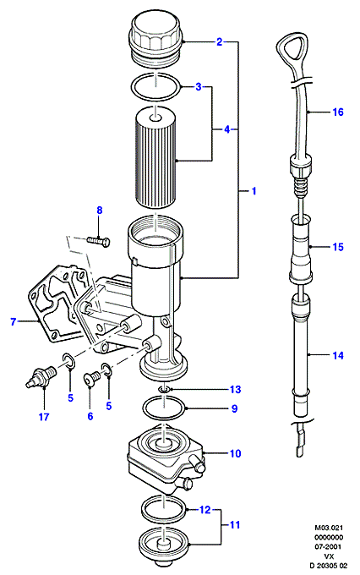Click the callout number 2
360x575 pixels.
[x=219, y=41]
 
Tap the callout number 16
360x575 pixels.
[x=338, y=112]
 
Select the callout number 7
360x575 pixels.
[x=14, y=322]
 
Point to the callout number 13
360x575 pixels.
[x=235, y=390]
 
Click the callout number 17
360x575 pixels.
[x=44, y=417]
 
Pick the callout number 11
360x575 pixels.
[x=234, y=525]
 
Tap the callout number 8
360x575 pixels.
[x=100, y=211]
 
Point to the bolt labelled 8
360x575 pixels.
[x=99, y=241]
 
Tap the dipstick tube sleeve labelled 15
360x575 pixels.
[x=300, y=248]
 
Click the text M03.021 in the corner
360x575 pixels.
[x=329, y=528]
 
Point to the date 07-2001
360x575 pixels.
[x=329, y=547]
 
